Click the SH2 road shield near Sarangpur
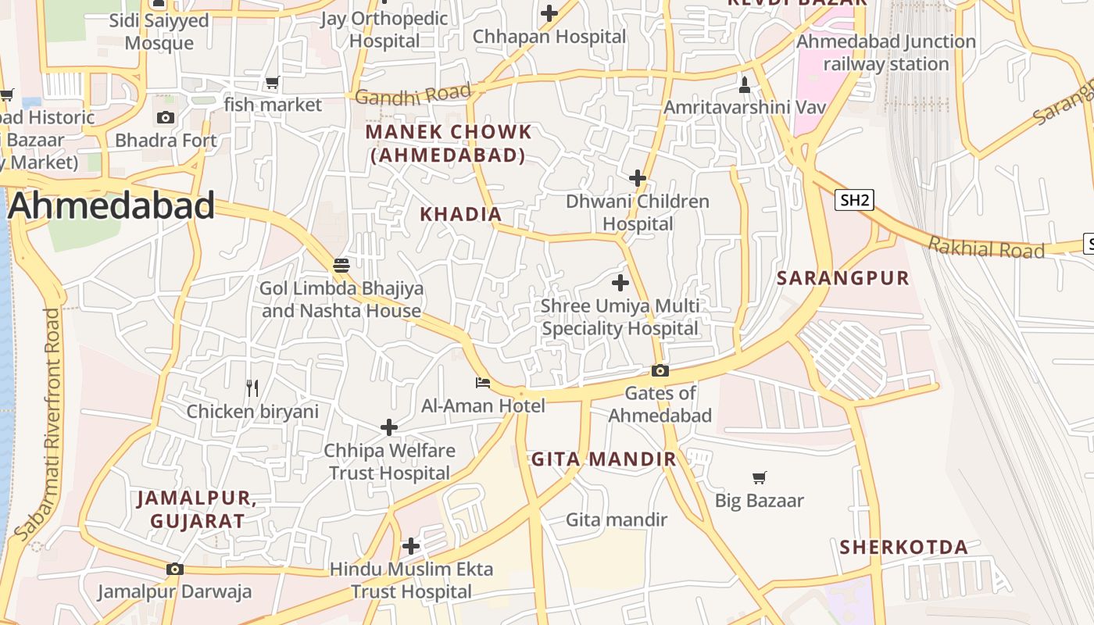point(853,200)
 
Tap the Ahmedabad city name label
point(111,205)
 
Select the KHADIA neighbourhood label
point(460,214)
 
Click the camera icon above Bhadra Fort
point(166,118)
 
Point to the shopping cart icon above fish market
point(272,82)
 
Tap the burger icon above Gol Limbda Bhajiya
point(341,265)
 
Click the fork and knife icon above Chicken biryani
point(252,387)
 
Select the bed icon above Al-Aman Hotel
point(483,383)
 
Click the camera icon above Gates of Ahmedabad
point(660,370)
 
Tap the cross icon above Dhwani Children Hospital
point(638,178)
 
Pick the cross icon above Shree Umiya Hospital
point(620,282)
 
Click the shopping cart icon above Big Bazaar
point(759,477)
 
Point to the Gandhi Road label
point(413,95)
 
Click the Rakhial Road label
point(986,249)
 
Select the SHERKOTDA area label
point(904,547)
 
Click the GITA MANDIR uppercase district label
point(604,459)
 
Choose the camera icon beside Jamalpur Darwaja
point(175,569)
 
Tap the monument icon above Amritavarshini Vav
point(744,84)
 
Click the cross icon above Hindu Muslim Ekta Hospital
point(411,546)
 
